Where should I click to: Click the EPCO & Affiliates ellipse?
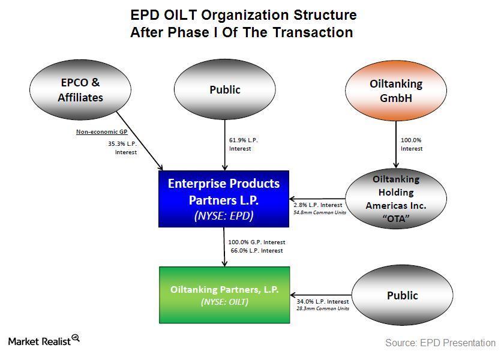point(80,89)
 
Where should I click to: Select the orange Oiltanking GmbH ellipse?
point(396,91)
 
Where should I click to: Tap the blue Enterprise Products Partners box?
point(224,199)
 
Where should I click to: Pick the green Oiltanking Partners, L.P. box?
point(224,295)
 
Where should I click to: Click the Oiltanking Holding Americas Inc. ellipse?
point(396,199)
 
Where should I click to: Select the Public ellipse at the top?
point(224,89)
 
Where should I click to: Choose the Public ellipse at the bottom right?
point(403,295)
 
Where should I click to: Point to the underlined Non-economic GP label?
point(101,132)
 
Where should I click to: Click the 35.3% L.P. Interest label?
point(122,148)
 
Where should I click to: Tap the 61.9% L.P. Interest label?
point(244,145)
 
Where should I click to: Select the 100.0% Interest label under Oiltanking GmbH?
point(412,145)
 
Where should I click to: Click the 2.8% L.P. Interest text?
point(318,205)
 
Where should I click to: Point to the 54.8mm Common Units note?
point(320,212)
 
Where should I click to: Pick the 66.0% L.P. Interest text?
point(257,250)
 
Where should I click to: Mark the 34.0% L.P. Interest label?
point(323,301)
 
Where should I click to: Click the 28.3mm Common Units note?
point(323,308)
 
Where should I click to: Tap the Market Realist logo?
point(44,340)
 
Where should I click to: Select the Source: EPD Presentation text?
point(440,343)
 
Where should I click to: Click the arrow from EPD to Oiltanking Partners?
point(224,247)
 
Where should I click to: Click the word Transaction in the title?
point(313,32)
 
